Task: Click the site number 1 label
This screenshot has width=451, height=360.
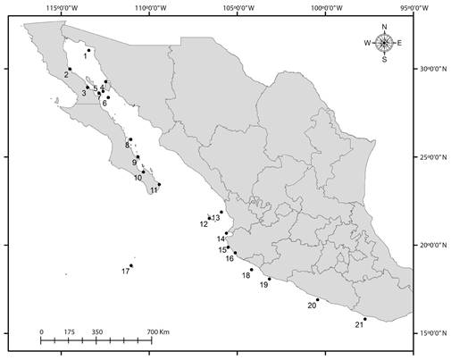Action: pos(85,55)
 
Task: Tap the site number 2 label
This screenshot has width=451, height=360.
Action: pos(65,75)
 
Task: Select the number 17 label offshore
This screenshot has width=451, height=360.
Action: pos(126,271)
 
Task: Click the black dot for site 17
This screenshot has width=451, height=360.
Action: pos(132,265)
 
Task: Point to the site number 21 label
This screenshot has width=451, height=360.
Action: pos(359,324)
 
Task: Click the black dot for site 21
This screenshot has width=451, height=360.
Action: pos(365,319)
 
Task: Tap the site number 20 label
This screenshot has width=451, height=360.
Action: pos(312,306)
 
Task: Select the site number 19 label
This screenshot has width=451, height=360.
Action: pos(263,285)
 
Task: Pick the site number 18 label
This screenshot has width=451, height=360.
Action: pos(246,275)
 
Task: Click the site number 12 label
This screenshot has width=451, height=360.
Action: pos(204,223)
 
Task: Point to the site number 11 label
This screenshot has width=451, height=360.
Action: pos(154,190)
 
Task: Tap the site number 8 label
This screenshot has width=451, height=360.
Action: pos(128,145)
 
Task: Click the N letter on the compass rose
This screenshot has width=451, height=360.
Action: pos(384,28)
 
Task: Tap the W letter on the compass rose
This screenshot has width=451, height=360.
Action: pos(367,43)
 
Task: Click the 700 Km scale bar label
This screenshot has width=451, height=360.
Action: pos(157,332)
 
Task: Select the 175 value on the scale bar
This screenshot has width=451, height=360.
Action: pos(69,332)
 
